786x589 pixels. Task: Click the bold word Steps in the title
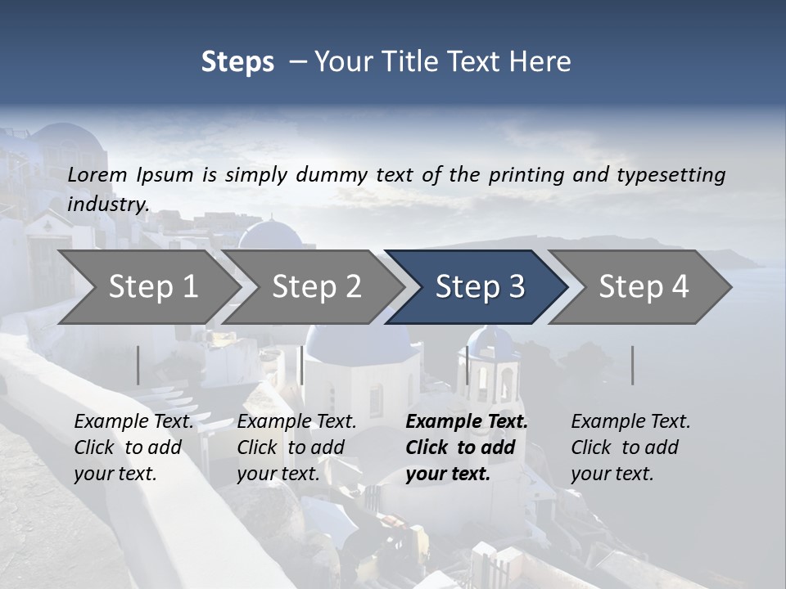(237, 62)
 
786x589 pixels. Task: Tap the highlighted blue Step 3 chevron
(480, 286)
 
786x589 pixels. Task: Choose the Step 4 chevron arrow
(644, 286)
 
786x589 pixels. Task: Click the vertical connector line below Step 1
(138, 365)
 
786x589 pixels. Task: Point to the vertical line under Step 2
(302, 365)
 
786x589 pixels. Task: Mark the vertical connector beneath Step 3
(468, 365)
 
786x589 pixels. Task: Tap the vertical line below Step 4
(633, 365)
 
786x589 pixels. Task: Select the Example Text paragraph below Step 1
(133, 447)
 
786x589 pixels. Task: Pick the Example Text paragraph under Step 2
(296, 447)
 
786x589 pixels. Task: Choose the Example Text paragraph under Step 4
(630, 447)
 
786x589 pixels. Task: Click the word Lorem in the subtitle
(97, 174)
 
